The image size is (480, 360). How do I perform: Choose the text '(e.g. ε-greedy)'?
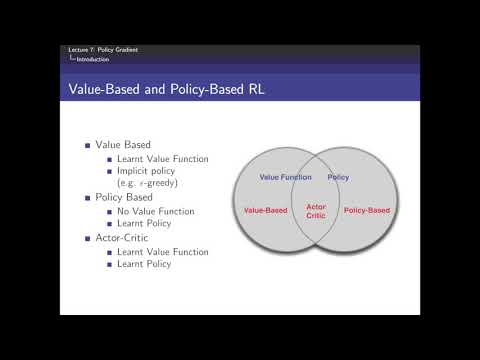pyautogui.click(x=148, y=184)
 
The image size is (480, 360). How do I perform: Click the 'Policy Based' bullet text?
pyautogui.click(x=121, y=198)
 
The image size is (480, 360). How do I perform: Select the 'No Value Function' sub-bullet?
pyautogui.click(x=156, y=211)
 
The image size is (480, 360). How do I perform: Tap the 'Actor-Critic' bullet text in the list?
pyautogui.click(x=121, y=238)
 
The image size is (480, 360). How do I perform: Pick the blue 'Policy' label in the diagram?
pyautogui.click(x=338, y=176)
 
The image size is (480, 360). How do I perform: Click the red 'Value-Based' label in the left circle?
pyautogui.click(x=266, y=210)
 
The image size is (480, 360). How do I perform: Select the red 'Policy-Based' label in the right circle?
pyautogui.click(x=366, y=210)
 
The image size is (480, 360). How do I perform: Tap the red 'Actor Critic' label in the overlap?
pyautogui.click(x=316, y=211)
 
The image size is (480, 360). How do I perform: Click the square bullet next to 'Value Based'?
pyautogui.click(x=88, y=146)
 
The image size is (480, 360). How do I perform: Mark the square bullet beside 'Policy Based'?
pyautogui.click(x=88, y=198)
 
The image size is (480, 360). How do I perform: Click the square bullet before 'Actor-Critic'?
pyautogui.click(x=88, y=238)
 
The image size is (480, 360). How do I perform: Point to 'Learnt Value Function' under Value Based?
pyautogui.click(x=162, y=159)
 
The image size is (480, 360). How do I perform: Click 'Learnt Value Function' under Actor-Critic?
pyautogui.click(x=162, y=251)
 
